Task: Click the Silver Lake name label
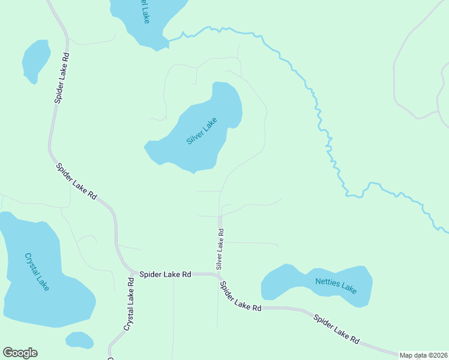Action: tap(201, 131)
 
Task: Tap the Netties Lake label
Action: tap(336, 286)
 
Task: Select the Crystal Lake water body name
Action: tap(37, 272)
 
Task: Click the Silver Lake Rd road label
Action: tap(220, 248)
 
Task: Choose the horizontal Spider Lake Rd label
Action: tap(165, 274)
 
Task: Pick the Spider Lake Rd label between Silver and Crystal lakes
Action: tap(76, 181)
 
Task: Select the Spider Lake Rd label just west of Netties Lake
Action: tap(241, 296)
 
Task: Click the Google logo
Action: tap(20, 353)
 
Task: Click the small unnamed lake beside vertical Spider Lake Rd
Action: tap(35, 60)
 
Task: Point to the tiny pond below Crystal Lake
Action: tap(79, 340)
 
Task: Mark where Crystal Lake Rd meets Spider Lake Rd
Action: tap(131, 272)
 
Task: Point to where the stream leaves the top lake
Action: tap(169, 40)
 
